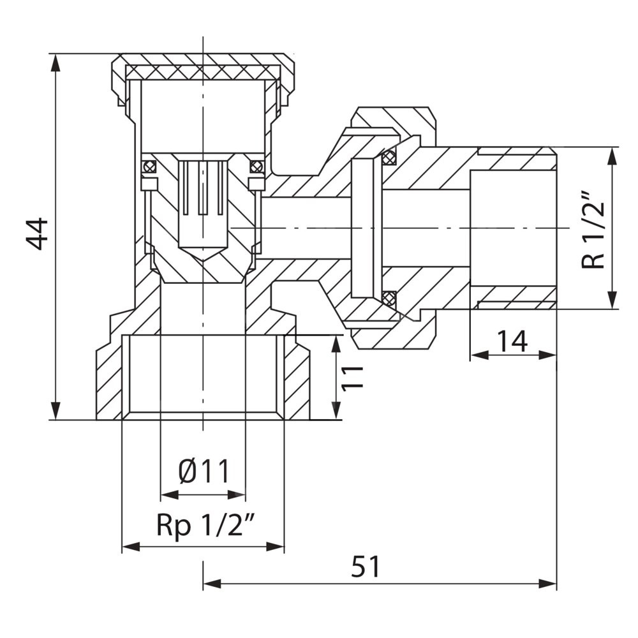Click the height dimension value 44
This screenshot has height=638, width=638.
(37, 234)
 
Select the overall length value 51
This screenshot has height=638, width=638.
(366, 567)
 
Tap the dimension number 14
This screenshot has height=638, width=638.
(512, 341)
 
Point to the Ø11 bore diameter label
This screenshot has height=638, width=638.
(203, 473)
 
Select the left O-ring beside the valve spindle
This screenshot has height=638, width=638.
(149, 167)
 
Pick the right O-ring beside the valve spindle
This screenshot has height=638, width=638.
(256, 167)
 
